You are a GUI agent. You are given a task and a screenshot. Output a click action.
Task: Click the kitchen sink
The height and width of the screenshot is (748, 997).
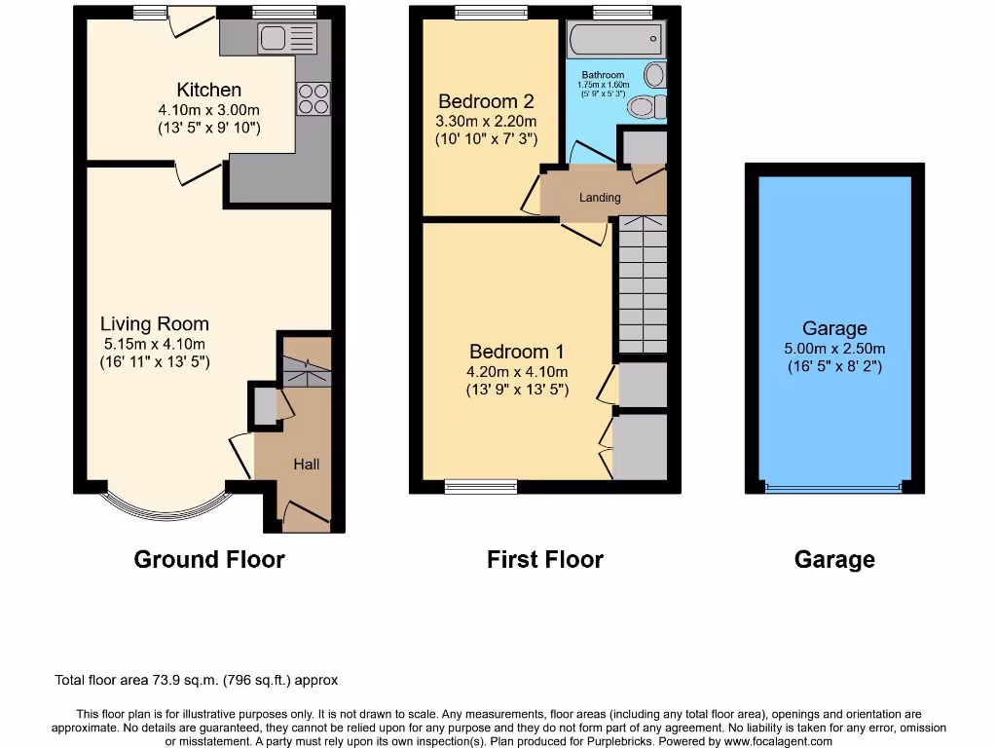[287, 40]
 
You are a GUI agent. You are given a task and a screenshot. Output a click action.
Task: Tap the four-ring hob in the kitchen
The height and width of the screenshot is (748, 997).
[313, 99]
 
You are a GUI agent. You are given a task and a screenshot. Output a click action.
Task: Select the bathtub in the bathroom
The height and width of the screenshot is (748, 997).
[615, 41]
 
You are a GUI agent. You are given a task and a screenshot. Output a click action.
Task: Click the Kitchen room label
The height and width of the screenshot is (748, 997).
[208, 91]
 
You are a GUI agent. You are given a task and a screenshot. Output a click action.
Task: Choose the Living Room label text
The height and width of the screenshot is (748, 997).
[154, 324]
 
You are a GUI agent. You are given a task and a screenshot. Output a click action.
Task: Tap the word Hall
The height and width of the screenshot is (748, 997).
[307, 465]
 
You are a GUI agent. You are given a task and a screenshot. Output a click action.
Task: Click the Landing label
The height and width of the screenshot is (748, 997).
[600, 198]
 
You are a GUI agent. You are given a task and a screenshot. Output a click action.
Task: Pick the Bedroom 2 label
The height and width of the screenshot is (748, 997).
[486, 101]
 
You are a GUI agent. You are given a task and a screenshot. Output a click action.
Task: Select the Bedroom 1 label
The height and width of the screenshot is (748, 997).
[517, 352]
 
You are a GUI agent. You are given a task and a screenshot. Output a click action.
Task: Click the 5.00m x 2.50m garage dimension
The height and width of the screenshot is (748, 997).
[834, 349]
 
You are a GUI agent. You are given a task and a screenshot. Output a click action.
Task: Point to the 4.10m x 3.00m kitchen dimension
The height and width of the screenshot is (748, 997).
[208, 110]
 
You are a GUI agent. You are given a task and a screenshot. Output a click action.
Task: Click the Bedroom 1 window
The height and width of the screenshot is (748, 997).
[481, 486]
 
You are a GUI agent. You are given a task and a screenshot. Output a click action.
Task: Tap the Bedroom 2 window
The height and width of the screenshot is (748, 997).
[491, 14]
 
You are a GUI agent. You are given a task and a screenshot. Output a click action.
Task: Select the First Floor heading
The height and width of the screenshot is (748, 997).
[544, 560]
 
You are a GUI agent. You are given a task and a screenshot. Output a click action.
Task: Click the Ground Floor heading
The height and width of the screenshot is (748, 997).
[209, 560]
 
